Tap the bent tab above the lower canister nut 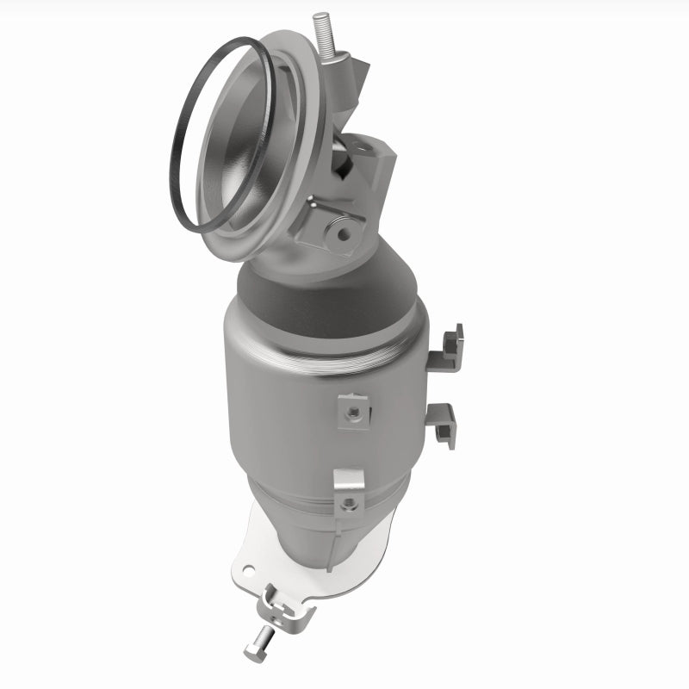pyautogui.click(x=348, y=479)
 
